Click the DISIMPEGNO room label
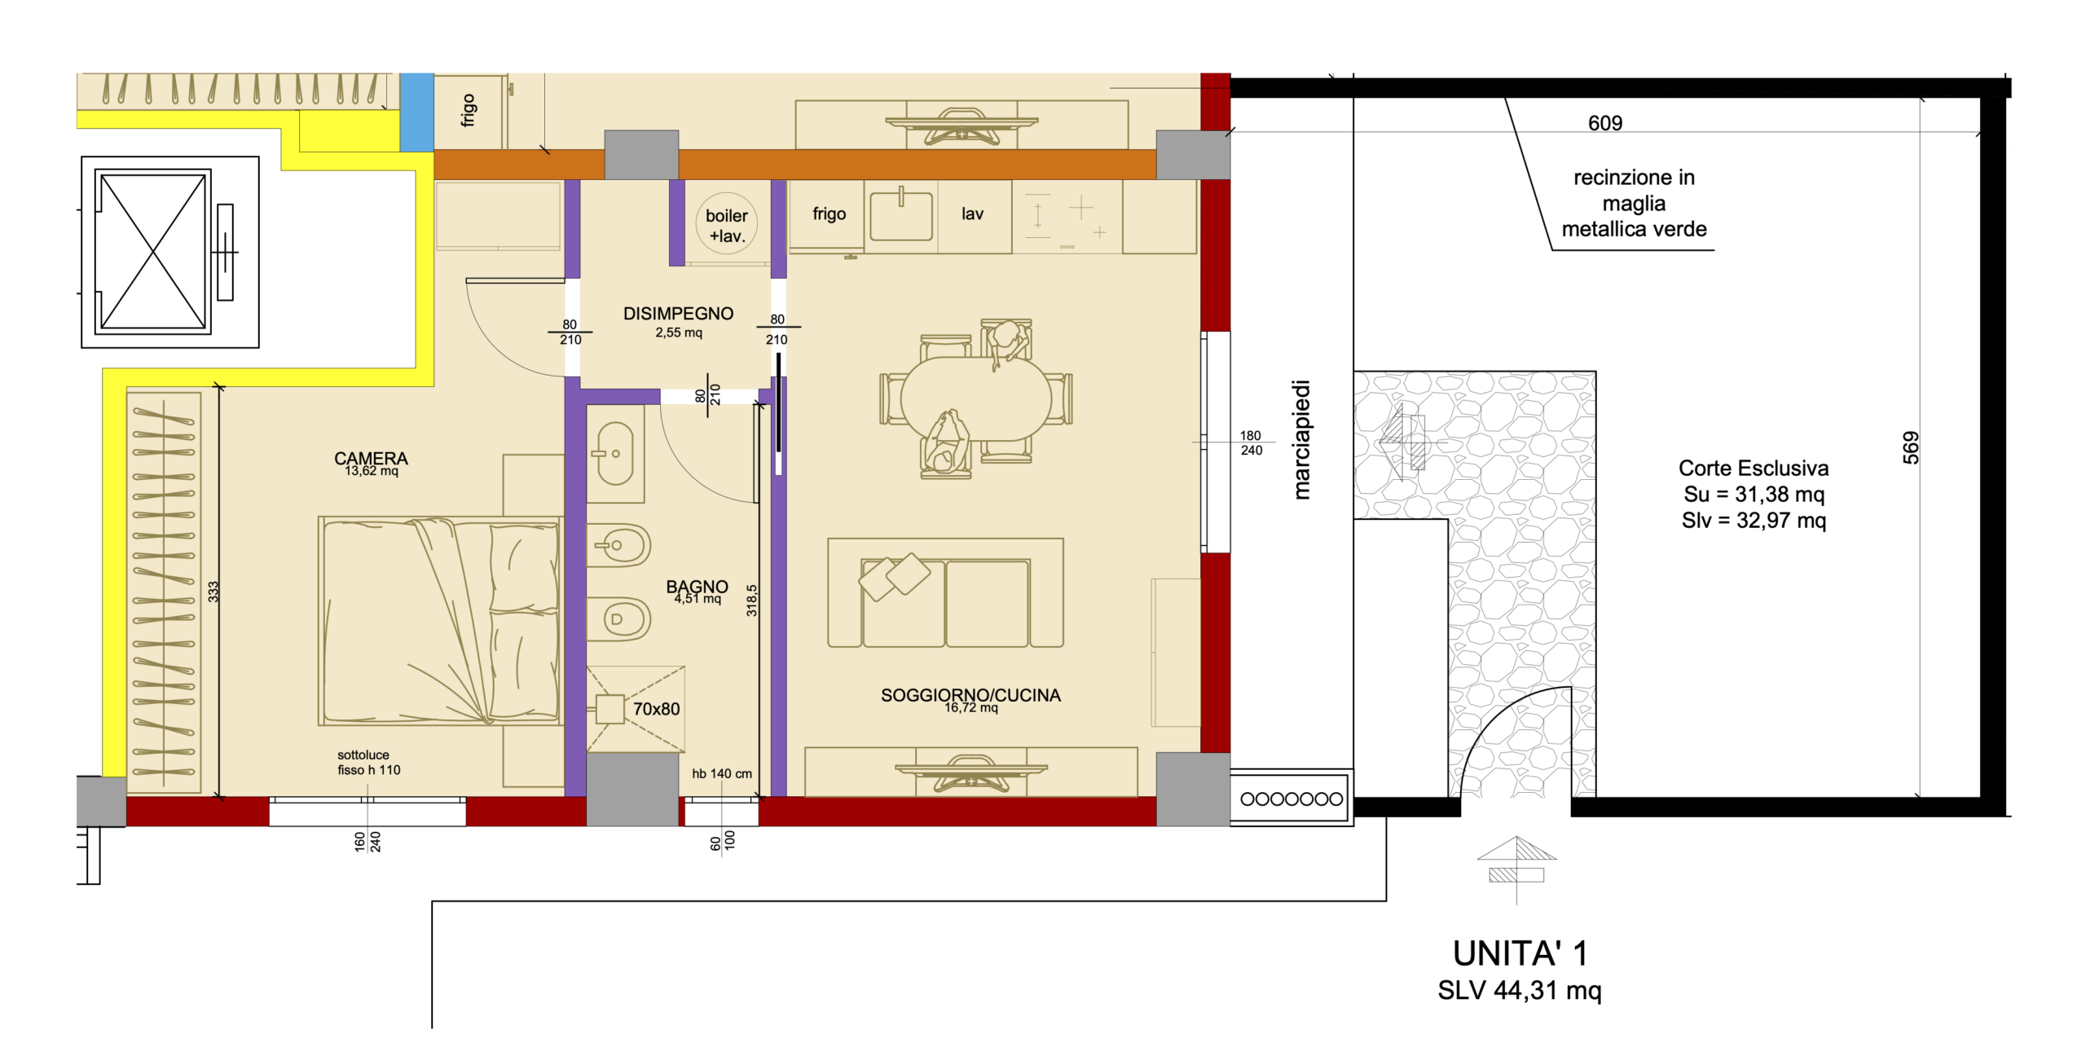678,314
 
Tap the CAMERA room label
371,458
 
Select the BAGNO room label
697,586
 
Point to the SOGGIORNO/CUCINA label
970,695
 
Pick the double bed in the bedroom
440,620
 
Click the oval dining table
976,398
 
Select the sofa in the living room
945,592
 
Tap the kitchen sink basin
900,216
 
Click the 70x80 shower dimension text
656,709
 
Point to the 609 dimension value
1605,123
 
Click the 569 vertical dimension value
1911,447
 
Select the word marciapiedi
1301,440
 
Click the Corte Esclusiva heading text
1754,468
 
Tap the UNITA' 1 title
1520,953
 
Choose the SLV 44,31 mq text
1520,990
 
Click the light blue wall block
416,112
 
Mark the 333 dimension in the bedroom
213,592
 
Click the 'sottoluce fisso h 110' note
369,763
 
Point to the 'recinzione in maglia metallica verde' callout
1634,203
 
